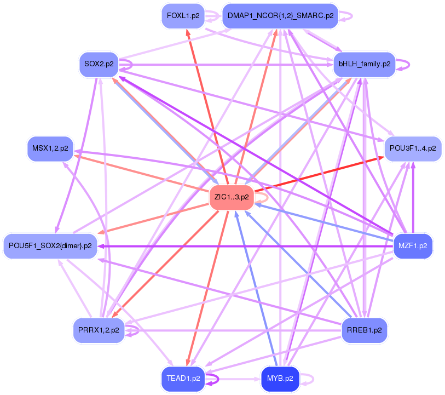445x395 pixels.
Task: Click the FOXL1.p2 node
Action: (x=183, y=16)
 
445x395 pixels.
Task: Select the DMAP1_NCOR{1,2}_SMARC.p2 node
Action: (x=280, y=16)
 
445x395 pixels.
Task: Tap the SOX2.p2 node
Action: (x=99, y=64)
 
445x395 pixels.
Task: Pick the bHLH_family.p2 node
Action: (x=365, y=64)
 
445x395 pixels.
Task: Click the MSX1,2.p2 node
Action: (x=50, y=148)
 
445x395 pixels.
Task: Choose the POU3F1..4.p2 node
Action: (x=413, y=148)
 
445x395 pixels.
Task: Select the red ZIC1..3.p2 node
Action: (x=232, y=197)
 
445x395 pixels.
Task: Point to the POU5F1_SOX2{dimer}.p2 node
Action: (x=50, y=246)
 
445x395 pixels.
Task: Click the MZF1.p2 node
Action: (x=413, y=246)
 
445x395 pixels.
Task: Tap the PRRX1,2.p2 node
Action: (x=99, y=330)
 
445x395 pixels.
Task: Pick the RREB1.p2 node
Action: (x=365, y=330)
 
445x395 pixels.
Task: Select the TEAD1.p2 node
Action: (x=183, y=379)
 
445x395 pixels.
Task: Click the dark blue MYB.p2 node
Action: (x=280, y=379)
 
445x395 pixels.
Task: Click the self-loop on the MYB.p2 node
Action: (x=308, y=379)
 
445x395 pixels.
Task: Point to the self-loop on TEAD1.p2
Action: (x=212, y=379)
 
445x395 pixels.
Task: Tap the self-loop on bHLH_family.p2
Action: (x=403, y=65)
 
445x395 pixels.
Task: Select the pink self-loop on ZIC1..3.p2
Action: (x=262, y=198)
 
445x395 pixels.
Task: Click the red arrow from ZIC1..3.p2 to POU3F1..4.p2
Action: (x=319, y=174)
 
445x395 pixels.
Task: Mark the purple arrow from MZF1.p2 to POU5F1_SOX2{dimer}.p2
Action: (x=245, y=247)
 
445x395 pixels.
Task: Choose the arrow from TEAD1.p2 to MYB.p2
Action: (x=233, y=379)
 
